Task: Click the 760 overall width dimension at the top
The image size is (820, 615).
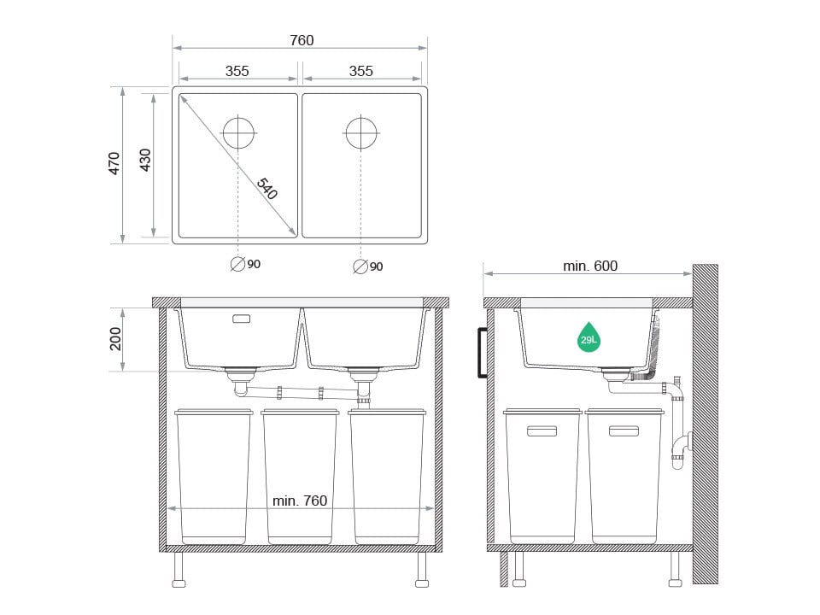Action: point(302,40)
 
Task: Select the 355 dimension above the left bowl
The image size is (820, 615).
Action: point(237,71)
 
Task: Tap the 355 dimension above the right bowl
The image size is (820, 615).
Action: point(361,71)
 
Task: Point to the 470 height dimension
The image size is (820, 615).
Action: point(114,163)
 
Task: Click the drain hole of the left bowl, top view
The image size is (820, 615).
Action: point(238,132)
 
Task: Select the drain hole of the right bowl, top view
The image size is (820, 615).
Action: point(361,132)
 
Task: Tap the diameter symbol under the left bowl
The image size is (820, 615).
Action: point(237,264)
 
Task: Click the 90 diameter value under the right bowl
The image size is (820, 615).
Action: point(377,266)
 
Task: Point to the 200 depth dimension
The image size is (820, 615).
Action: point(116,339)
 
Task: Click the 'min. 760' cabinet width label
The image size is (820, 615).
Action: point(300,501)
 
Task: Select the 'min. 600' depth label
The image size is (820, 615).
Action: point(590,266)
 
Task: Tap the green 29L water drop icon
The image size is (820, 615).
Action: point(589,337)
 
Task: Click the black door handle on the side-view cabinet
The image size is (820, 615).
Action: point(483,352)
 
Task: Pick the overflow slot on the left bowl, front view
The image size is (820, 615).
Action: point(242,319)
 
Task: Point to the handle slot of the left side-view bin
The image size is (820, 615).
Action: point(542,431)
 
